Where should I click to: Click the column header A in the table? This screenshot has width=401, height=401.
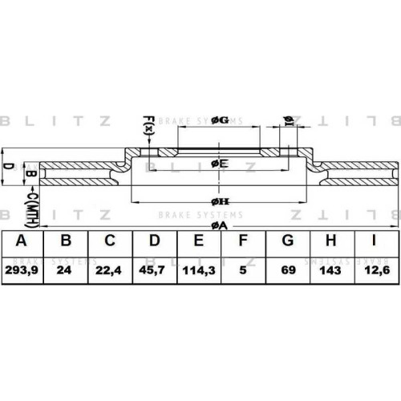pos(22,241)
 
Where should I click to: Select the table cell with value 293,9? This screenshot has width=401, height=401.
pos(22,270)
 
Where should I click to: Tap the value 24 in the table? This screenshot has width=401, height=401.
pos(64,270)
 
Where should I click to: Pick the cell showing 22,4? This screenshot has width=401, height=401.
pos(108,270)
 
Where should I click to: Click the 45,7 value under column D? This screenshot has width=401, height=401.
pos(152,270)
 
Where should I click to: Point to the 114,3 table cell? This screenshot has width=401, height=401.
pos(199,270)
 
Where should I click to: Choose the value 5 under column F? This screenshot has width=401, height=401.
pos(242,270)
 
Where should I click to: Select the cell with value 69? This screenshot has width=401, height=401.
pos(288,270)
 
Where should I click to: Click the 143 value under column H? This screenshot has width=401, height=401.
pos(330,270)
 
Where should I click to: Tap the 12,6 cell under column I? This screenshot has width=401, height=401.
pos(377,270)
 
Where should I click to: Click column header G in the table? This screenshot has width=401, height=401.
pos(288,241)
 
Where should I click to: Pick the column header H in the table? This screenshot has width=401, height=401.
pos(330,241)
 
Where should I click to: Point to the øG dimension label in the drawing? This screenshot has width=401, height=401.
pos(220,120)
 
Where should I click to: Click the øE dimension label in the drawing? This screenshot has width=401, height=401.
pos(220,164)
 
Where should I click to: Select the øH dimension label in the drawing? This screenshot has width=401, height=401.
pos(220,202)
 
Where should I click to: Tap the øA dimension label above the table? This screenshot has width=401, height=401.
pos(219,226)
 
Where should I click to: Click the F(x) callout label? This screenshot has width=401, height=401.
pos(148,125)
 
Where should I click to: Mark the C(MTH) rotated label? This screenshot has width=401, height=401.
pos(31,210)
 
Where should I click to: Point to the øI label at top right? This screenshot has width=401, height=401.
pos(288,121)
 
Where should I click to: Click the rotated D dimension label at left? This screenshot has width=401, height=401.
pos(8,166)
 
